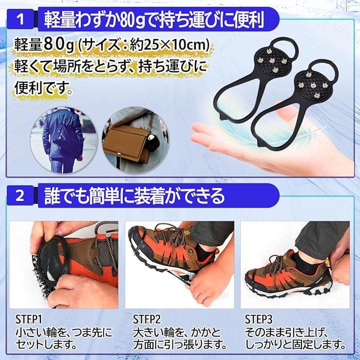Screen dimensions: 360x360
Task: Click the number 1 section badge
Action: [20, 19]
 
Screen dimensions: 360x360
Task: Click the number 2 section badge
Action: [20, 195]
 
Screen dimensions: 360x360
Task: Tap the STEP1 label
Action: [28, 319]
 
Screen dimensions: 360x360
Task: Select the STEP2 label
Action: [146, 319]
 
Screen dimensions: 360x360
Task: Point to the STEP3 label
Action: [258, 319]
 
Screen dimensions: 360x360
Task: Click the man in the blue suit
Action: [61, 140]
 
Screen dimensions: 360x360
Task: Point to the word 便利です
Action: [43, 88]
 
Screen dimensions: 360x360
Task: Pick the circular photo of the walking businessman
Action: [64, 140]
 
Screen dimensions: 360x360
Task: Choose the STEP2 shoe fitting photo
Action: [179, 264]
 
